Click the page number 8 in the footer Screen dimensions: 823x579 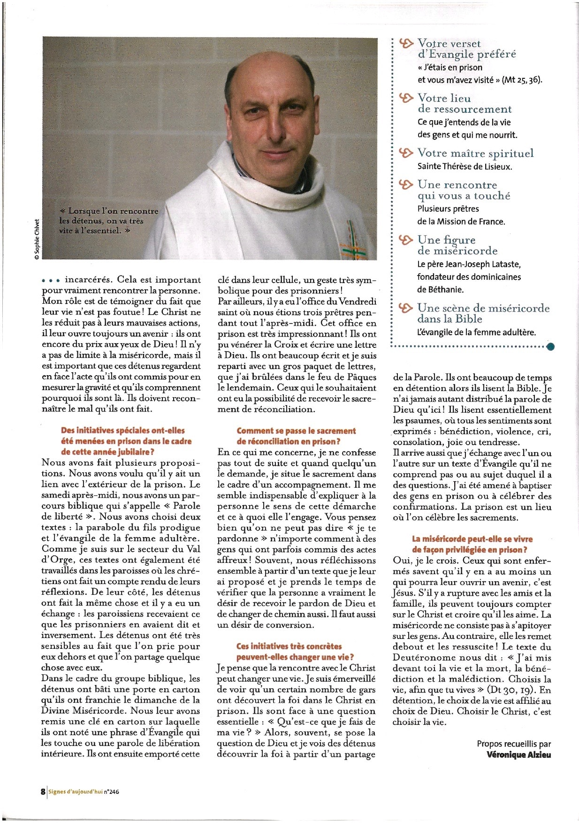point(43,791)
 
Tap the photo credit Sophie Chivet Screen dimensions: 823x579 point(37,239)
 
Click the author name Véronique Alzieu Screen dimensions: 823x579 point(518,755)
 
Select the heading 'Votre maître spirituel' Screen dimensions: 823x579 point(475,153)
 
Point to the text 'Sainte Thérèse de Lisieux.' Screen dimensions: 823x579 point(465,166)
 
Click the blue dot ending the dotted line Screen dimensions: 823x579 point(550,346)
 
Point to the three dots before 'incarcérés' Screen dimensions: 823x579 point(51,280)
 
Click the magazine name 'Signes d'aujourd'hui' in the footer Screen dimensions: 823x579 point(75,792)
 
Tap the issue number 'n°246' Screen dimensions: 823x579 point(111,792)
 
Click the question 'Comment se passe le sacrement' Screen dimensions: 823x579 point(296,431)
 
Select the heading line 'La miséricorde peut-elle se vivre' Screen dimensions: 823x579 point(472,539)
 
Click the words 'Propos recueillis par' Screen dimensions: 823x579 point(514,744)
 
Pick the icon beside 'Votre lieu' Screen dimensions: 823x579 point(406,98)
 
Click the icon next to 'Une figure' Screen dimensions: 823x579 point(406,239)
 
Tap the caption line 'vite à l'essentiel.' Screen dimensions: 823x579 point(94,231)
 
